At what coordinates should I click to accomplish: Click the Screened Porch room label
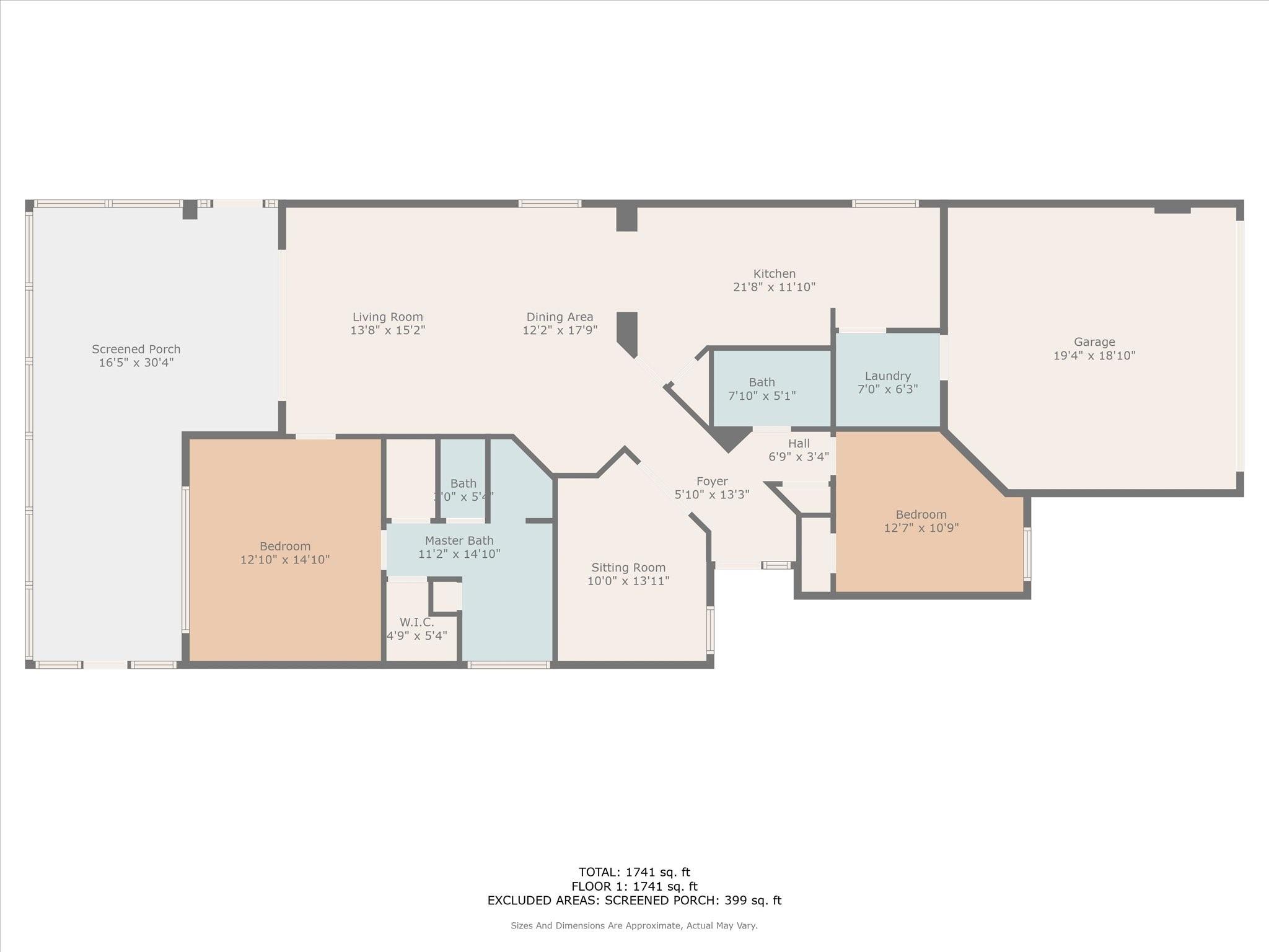(136, 349)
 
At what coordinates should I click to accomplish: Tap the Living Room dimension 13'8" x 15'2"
(387, 330)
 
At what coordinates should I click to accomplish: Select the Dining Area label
(560, 317)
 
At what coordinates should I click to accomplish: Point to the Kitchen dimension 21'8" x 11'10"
(774, 287)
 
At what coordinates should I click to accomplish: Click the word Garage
(1094, 342)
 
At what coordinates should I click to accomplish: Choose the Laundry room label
(887, 376)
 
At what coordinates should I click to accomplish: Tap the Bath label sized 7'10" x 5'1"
(762, 382)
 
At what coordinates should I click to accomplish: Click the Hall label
(799, 443)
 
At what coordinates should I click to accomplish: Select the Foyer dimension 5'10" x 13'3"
(712, 495)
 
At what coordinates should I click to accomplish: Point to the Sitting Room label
(628, 567)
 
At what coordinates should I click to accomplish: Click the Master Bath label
(459, 540)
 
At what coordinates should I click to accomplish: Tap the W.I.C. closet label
(416, 622)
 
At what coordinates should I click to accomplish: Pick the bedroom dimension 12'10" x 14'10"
(285, 560)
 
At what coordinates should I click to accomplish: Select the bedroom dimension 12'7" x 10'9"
(921, 528)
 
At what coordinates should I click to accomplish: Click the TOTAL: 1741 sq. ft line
(634, 873)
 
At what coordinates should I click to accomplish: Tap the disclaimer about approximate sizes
(634, 925)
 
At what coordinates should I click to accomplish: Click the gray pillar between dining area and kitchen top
(626, 219)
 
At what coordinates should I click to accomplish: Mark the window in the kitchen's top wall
(885, 203)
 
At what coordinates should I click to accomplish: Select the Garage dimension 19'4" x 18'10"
(1094, 356)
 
